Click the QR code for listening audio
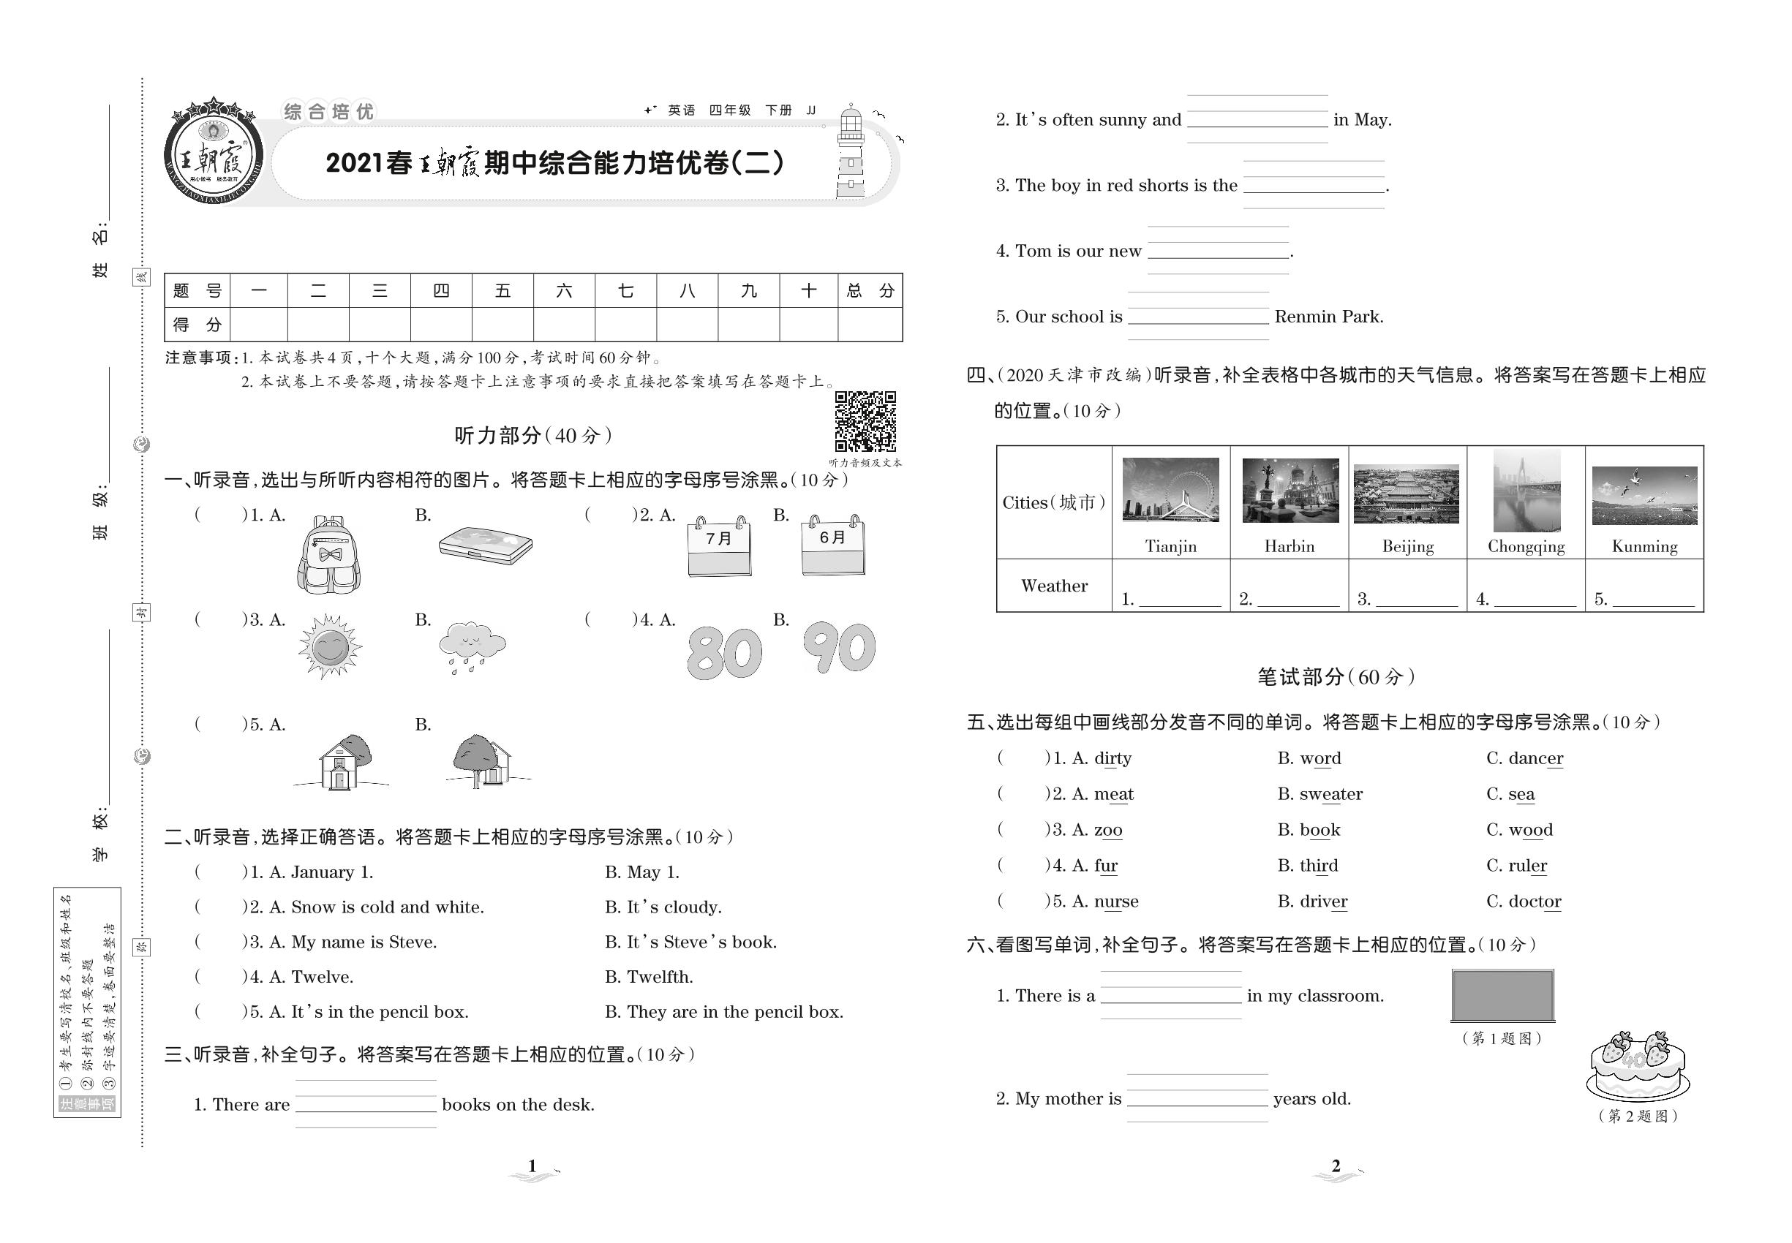click(x=865, y=420)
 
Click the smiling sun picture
click(x=330, y=646)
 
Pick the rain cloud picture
click(x=471, y=646)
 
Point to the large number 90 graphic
click(x=839, y=648)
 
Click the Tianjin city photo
click(x=1170, y=490)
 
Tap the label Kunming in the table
click(x=1644, y=547)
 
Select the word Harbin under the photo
click(x=1289, y=547)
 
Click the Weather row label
click(x=1053, y=586)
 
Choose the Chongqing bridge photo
click(x=1526, y=491)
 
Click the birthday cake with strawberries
click(x=1638, y=1065)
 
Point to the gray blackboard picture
click(x=1502, y=995)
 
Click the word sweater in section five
click(x=1330, y=794)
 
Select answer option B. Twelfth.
click(x=648, y=977)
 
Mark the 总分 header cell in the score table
click(x=870, y=291)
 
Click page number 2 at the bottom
click(x=1336, y=1166)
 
